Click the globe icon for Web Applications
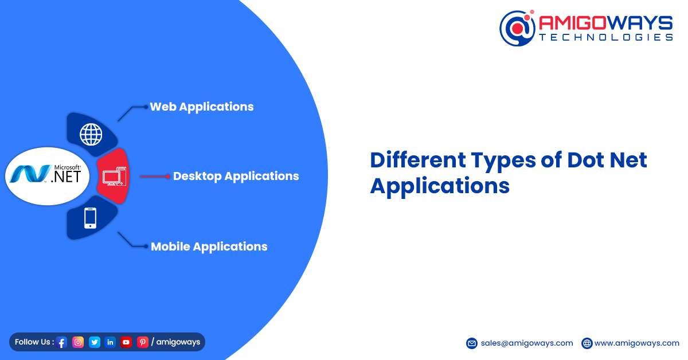pos(91,134)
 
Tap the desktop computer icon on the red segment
pos(114,176)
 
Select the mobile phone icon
pos(90,218)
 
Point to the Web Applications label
pos(202,107)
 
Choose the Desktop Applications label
pos(236,177)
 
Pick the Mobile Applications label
pos(209,246)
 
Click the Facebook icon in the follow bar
pos(62,342)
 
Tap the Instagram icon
pos(78,342)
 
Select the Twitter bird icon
pos(95,342)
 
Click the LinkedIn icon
pos(110,342)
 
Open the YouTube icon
pos(126,342)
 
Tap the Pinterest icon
pos(143,342)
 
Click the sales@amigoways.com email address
pos(527,343)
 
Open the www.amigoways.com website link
pos(637,343)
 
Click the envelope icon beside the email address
pos(472,343)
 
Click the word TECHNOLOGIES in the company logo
pos(606,37)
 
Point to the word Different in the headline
pos(418,160)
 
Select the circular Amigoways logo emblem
pos(517,28)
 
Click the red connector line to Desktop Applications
pos(154,177)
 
